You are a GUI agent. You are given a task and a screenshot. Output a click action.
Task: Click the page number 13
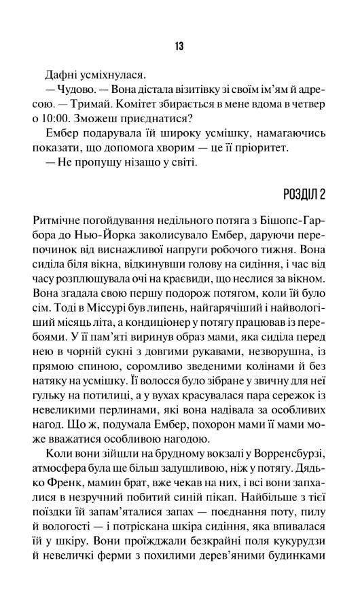click(x=179, y=46)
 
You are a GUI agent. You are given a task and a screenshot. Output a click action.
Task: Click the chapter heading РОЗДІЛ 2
click(x=304, y=194)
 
